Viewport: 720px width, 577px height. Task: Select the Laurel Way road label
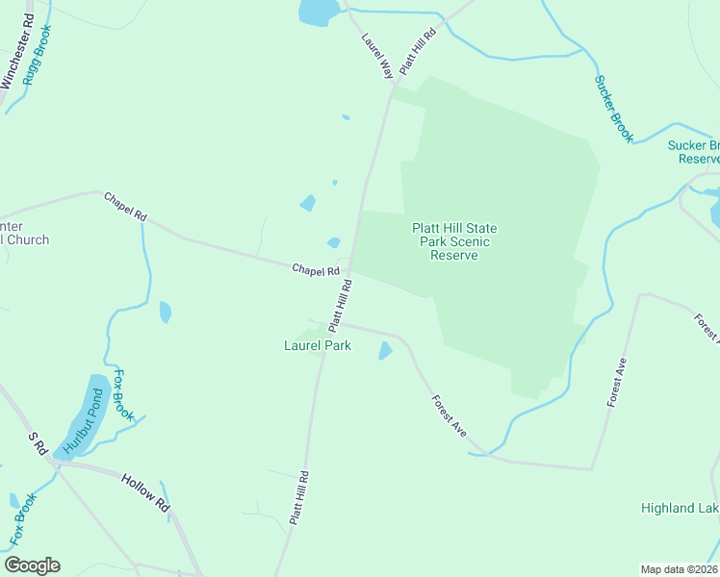coord(377,56)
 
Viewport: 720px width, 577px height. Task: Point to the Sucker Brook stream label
coord(613,110)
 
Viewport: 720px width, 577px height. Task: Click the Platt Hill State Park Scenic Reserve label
coord(454,241)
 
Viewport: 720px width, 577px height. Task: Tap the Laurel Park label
coord(317,345)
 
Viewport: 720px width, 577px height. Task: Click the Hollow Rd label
coord(145,491)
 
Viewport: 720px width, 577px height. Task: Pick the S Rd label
coord(38,443)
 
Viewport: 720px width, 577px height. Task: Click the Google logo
coord(32,565)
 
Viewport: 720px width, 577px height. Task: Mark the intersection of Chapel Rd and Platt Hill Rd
coord(349,269)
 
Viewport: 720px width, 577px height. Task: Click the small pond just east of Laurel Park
coord(386,351)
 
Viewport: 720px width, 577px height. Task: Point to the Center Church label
coord(23,234)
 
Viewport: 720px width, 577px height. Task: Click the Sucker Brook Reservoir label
coord(693,152)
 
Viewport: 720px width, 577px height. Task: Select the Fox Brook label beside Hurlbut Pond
coord(122,394)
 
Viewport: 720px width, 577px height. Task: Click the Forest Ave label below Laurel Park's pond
coord(449,415)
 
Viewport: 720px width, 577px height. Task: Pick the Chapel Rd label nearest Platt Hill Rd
coord(316,271)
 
